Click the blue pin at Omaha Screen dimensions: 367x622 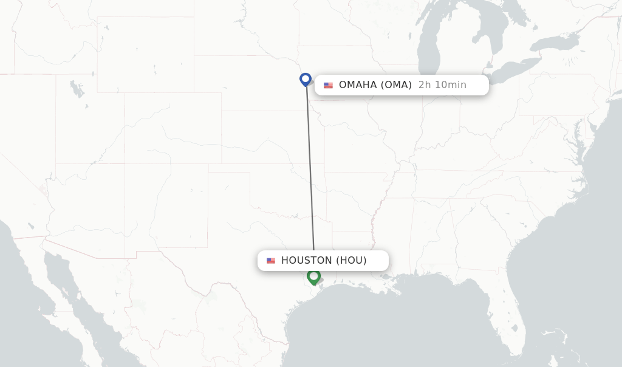(x=306, y=80)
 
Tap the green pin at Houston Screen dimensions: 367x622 (x=313, y=276)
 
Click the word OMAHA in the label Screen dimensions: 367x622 (x=358, y=85)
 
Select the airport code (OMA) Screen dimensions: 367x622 (x=396, y=85)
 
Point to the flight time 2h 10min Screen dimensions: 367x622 (x=442, y=85)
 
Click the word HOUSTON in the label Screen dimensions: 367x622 (x=307, y=261)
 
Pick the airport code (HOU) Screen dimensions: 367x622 (x=352, y=261)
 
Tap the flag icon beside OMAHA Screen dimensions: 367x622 (x=328, y=86)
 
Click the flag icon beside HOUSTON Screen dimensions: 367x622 (x=271, y=261)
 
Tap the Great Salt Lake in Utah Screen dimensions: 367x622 (x=78, y=90)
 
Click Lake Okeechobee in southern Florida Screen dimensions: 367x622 (x=514, y=328)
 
